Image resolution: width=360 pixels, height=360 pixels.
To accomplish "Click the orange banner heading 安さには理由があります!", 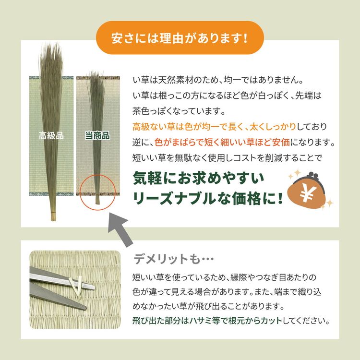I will click(x=180, y=37).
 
